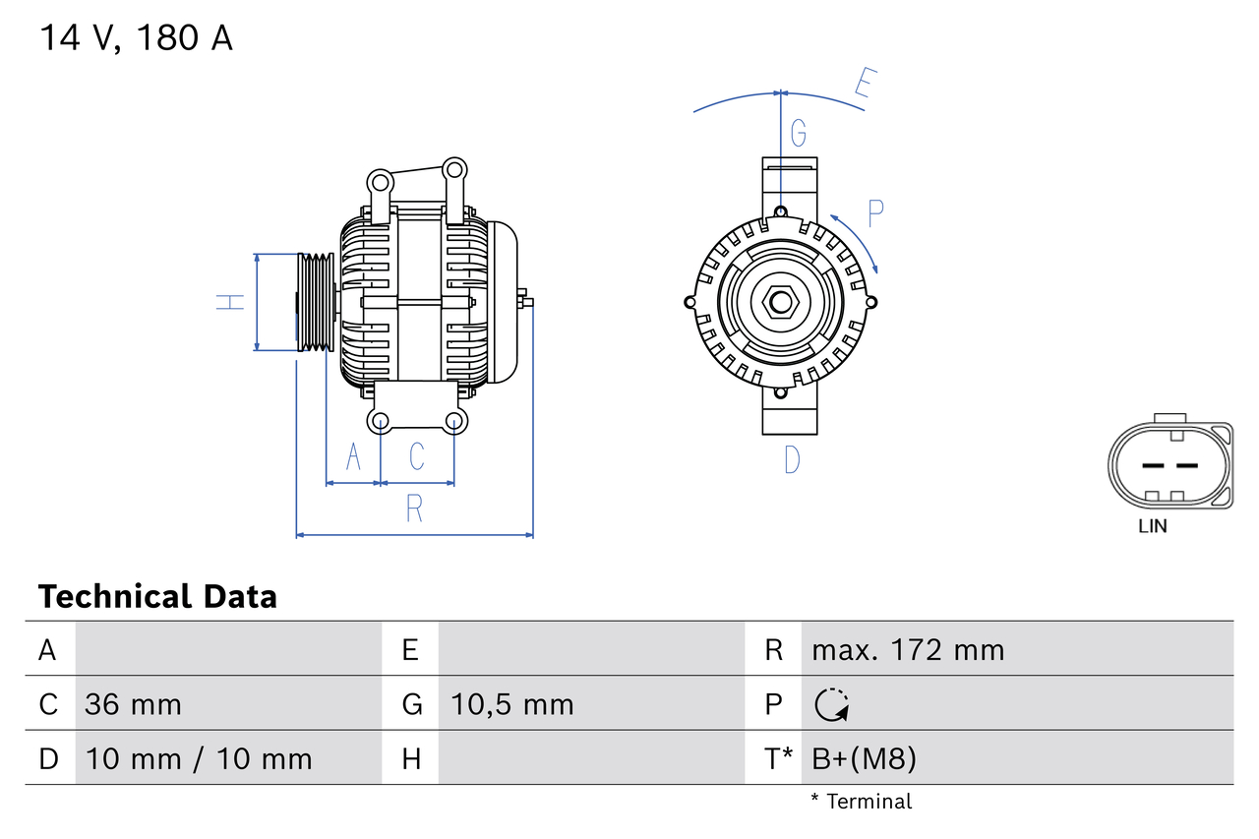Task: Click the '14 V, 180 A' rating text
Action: pyautogui.click(x=136, y=38)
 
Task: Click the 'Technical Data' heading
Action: pyautogui.click(x=157, y=596)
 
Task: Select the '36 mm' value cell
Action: pyautogui.click(x=133, y=704)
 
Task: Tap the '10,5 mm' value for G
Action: pyautogui.click(x=511, y=704)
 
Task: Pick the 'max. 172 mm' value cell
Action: pyautogui.click(x=908, y=650)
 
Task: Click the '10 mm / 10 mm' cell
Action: pyautogui.click(x=199, y=758)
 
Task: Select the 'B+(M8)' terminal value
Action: pyautogui.click(x=865, y=758)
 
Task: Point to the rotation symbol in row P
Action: pyautogui.click(x=832, y=704)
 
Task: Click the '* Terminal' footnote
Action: pyautogui.click(x=862, y=802)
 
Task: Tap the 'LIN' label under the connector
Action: pyautogui.click(x=1152, y=526)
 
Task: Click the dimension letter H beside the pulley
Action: pyautogui.click(x=230, y=302)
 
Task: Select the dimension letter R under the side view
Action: pyautogui.click(x=414, y=509)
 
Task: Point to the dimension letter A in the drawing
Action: pyautogui.click(x=353, y=456)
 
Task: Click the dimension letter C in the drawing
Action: pyautogui.click(x=417, y=456)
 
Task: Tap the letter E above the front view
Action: pyautogui.click(x=864, y=85)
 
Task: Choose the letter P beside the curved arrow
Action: pyautogui.click(x=875, y=212)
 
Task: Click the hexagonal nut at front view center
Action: pyautogui.click(x=780, y=302)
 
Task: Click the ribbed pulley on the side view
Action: pyautogui.click(x=317, y=302)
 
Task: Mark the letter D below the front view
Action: pyautogui.click(x=792, y=458)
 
